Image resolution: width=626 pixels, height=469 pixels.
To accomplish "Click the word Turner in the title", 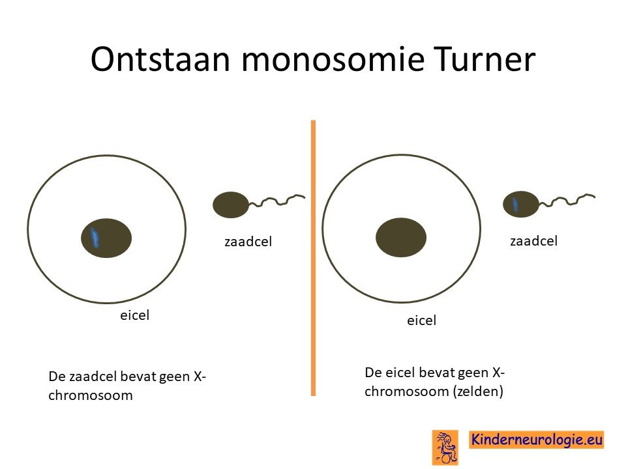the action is pyautogui.click(x=484, y=59).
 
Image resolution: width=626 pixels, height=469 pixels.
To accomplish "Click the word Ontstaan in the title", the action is pyautogui.click(x=160, y=59).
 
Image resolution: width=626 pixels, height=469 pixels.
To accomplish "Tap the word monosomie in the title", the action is pyautogui.click(x=332, y=59).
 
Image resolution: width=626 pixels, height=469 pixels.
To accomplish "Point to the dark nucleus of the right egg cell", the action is pyautogui.click(x=401, y=237).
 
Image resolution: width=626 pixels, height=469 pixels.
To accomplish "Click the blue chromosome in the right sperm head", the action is pyautogui.click(x=515, y=204).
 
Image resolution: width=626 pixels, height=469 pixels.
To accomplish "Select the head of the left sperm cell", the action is pyautogui.click(x=231, y=205).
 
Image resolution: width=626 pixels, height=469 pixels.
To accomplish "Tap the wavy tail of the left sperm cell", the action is pyautogui.click(x=277, y=201).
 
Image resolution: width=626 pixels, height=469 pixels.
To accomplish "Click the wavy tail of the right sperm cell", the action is pyautogui.click(x=567, y=200).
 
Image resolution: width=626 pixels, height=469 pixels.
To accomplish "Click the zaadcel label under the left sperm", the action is pyautogui.click(x=248, y=242).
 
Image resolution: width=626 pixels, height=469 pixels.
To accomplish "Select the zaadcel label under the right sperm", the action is pyautogui.click(x=534, y=241).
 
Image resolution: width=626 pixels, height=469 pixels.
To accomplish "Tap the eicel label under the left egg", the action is pyautogui.click(x=134, y=315).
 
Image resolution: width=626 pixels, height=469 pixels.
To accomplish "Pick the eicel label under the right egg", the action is pyautogui.click(x=422, y=320).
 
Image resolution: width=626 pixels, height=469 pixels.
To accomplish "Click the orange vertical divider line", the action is pyautogui.click(x=314, y=258).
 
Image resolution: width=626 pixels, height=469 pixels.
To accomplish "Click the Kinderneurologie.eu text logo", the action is pyautogui.click(x=536, y=440).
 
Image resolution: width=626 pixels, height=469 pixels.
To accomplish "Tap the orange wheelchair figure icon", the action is pyautogui.click(x=445, y=448).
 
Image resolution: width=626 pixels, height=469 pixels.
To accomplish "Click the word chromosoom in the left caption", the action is pyautogui.click(x=91, y=395).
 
